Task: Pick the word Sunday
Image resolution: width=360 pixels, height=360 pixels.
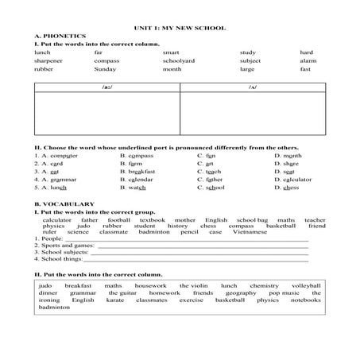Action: [104, 69]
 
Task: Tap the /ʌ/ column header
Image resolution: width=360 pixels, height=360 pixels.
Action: [252, 87]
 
